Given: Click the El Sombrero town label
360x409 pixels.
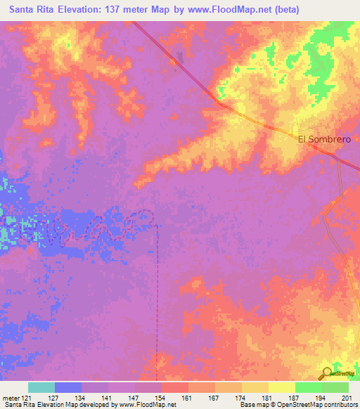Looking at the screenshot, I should (324, 139).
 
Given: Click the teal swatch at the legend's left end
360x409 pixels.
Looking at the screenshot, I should (41, 387).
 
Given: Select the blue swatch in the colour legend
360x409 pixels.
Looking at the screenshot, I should (68, 387).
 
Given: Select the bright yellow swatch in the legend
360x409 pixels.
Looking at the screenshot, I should (282, 387).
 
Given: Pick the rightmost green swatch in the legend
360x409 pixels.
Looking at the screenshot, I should (335, 387).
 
